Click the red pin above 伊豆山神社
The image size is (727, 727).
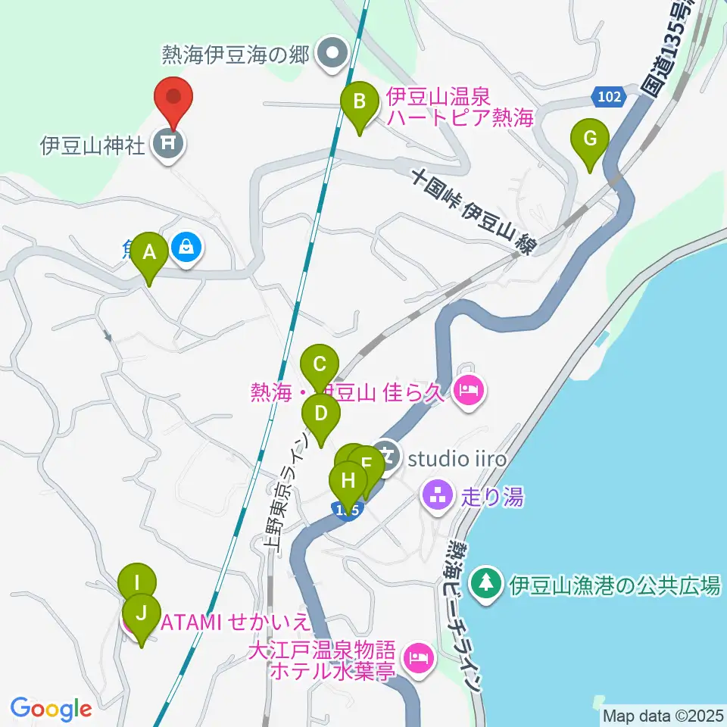[174, 98]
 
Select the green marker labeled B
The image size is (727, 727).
[360, 101]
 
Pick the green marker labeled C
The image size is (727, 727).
[320, 365]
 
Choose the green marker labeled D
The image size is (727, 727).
[321, 414]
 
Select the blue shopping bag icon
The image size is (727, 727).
[186, 246]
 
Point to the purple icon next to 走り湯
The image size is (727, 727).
[436, 497]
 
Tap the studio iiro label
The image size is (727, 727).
[457, 459]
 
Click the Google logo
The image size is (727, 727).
[51, 709]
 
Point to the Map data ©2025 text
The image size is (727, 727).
[663, 715]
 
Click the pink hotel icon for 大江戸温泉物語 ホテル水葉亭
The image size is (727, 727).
[418, 657]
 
